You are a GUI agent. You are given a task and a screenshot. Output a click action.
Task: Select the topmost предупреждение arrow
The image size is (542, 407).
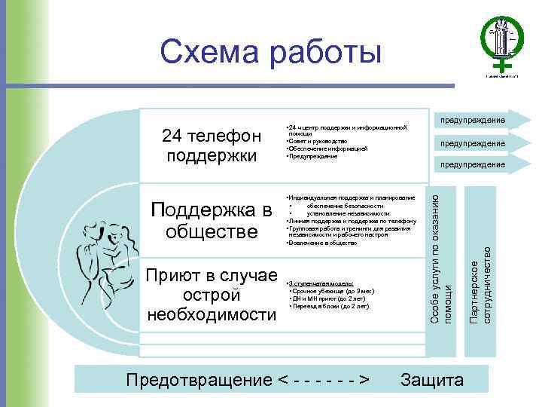pos(473,121)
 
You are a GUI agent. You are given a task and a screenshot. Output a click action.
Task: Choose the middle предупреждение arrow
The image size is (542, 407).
pos(473,142)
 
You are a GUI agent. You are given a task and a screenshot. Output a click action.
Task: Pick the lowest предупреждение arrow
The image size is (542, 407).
pos(473,164)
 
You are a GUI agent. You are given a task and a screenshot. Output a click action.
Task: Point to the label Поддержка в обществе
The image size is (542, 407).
pos(211,219)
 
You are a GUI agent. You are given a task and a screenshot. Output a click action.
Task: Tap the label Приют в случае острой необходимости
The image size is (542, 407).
pos(212,294)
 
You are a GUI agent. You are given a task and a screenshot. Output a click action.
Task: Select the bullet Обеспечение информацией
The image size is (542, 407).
pos(327,148)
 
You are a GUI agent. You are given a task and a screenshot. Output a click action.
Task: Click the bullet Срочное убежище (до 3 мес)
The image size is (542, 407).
pos(332,291)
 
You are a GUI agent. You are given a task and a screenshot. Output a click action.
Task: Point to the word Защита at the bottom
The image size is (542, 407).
pos(432,380)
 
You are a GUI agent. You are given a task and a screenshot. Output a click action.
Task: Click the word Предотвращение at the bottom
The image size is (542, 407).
pos(198,380)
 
